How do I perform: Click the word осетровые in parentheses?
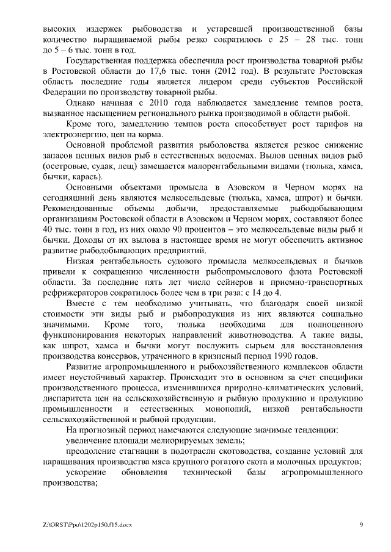click(x=68, y=166)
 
